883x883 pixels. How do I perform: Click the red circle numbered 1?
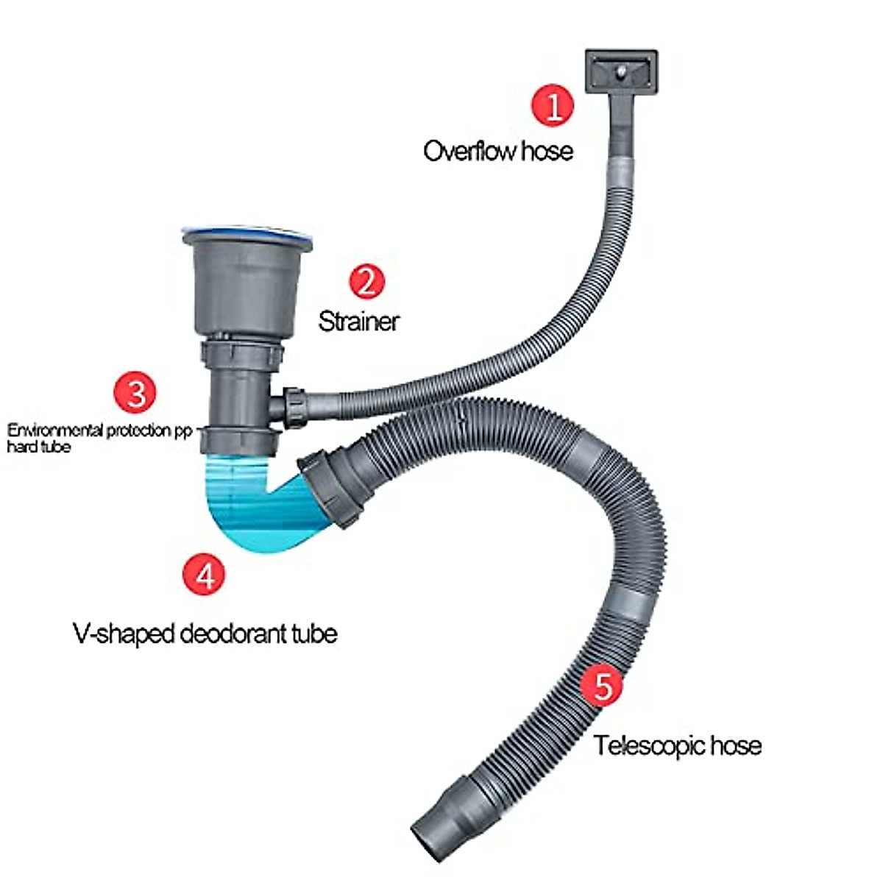553,104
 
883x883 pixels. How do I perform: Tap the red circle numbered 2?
366,280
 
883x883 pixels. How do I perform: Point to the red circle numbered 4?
204,573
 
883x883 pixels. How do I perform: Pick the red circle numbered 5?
602,685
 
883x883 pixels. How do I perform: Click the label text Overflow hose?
498,152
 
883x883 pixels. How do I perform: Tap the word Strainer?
358,321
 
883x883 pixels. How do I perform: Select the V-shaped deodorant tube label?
205,633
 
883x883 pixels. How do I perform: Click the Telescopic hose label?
678,745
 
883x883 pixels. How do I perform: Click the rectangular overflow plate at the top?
621,71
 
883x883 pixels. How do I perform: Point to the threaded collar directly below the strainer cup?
241,354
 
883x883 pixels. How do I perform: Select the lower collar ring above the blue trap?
240,439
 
